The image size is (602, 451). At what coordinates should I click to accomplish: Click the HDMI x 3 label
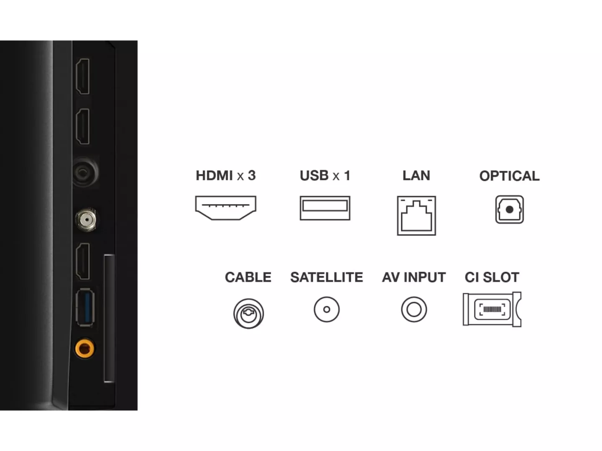click(x=225, y=175)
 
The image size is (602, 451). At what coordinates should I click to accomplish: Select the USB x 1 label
click(x=325, y=175)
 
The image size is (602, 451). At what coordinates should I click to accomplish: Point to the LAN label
click(x=416, y=175)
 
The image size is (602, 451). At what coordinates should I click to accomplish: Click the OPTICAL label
click(x=509, y=176)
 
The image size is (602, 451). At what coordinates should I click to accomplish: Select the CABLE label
click(x=248, y=277)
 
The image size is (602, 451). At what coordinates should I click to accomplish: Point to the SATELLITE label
click(x=327, y=277)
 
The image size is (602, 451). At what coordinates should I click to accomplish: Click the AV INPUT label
click(x=414, y=277)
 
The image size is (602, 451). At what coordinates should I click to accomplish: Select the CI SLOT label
click(x=492, y=277)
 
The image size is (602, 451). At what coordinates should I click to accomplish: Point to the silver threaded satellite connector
click(x=86, y=220)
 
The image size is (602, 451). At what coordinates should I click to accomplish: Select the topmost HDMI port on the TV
click(x=82, y=76)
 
